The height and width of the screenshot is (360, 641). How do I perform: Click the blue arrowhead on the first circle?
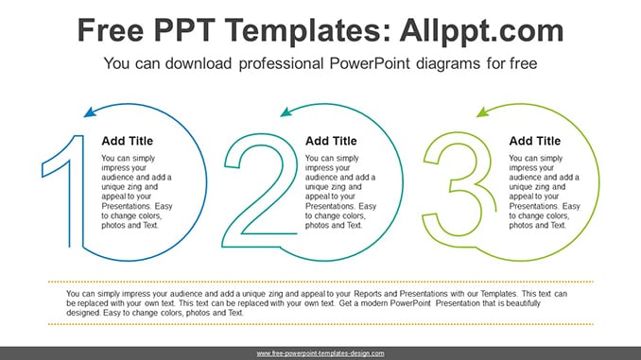point(90,111)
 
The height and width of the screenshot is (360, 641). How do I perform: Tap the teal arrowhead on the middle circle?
point(286,111)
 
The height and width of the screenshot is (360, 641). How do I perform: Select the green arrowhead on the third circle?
point(483,111)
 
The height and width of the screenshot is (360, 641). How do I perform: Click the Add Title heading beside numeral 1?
point(127,141)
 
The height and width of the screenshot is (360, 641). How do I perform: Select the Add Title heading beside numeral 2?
point(331,141)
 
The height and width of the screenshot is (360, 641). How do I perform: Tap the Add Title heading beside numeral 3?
point(535,141)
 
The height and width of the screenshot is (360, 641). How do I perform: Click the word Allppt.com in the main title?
point(481,31)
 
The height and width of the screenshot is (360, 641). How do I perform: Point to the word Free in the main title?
point(111,30)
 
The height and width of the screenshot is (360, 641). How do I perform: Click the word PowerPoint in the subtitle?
point(370,63)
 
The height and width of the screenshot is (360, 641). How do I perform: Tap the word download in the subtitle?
point(199,63)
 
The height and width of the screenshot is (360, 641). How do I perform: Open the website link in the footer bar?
point(320,353)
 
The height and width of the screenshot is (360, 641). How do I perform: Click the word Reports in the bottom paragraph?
point(367,294)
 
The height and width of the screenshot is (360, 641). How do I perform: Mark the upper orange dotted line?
point(320,282)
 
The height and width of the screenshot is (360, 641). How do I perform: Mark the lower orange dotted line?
point(320,324)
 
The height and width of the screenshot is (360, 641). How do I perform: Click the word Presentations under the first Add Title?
point(127,206)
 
